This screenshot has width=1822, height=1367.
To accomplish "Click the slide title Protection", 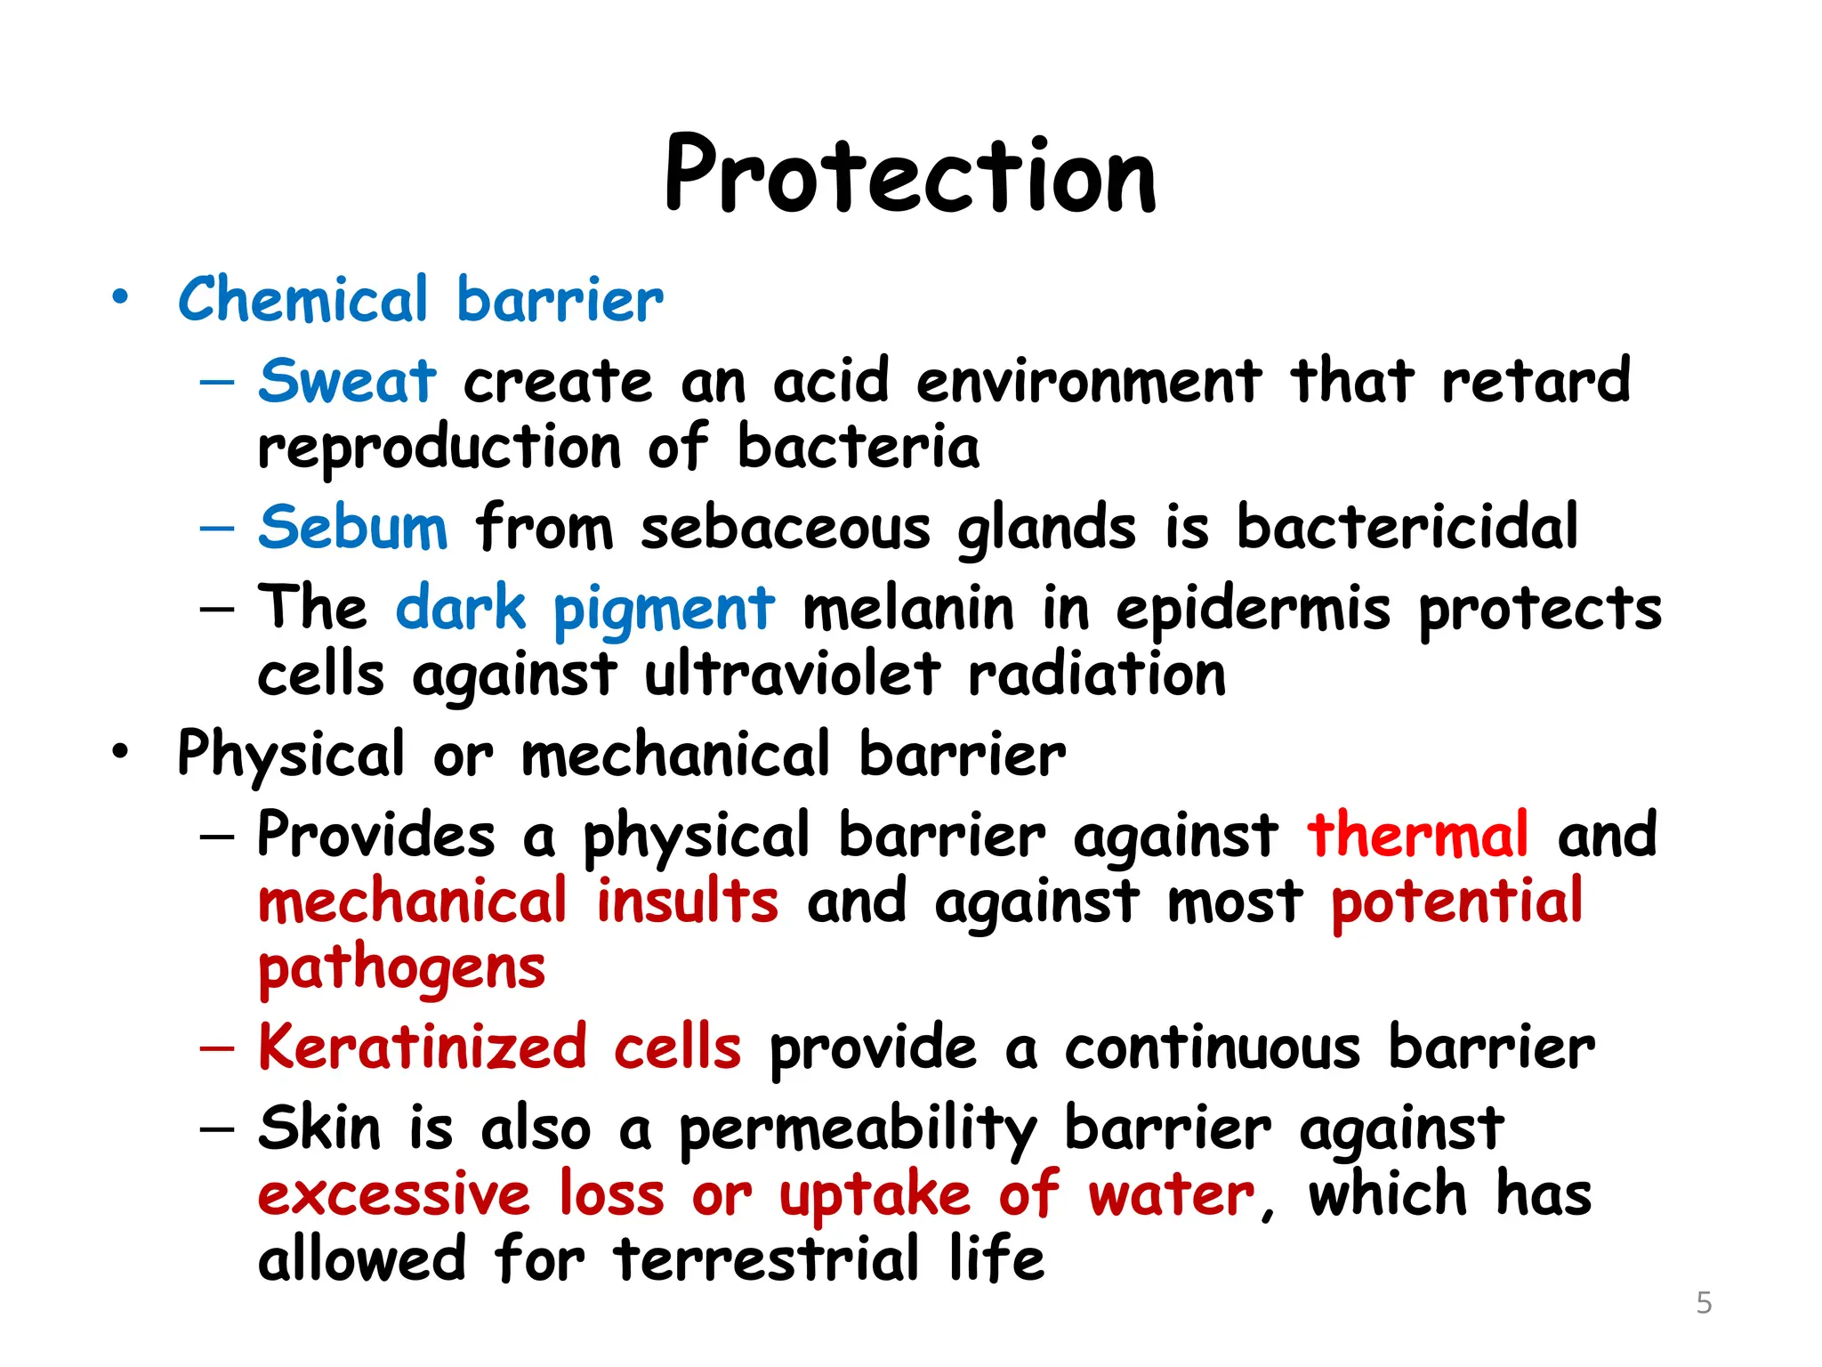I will point(910,175).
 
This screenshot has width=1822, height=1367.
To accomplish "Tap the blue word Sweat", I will point(347,382).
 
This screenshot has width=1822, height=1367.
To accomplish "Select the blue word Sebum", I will point(353,528).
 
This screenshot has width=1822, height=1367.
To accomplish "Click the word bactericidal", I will point(1407,528).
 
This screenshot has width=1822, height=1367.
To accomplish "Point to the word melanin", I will point(908,610).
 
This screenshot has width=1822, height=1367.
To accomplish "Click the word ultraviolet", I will point(792,675).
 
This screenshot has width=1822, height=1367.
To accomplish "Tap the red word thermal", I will point(1418,836).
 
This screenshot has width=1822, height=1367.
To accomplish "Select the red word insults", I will point(687,902).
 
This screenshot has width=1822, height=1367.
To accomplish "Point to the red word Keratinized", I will point(423,1047).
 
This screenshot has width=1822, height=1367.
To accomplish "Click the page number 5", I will point(1704,1303).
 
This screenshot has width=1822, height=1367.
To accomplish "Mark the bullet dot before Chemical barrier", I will point(120,297).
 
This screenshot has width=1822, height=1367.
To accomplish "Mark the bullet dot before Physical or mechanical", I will point(120,753).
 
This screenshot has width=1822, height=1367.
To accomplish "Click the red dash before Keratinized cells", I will point(217,1048).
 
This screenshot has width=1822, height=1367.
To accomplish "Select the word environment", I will point(1088,382).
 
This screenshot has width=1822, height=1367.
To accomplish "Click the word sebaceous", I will point(786,528).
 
